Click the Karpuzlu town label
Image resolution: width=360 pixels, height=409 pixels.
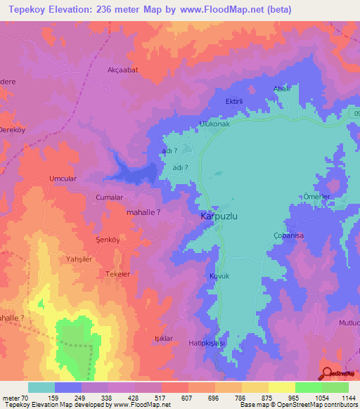(x=219, y=217)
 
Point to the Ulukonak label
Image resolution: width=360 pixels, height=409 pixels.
(x=215, y=124)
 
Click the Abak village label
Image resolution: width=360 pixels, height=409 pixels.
(x=281, y=89)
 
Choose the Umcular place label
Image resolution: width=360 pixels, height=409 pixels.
(x=63, y=178)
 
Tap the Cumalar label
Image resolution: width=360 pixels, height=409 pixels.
(x=109, y=198)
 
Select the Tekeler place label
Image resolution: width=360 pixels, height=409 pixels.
(x=117, y=274)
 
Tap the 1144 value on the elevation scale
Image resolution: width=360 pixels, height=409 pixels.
(x=347, y=398)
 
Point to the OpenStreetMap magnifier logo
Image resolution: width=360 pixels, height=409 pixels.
(x=328, y=374)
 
